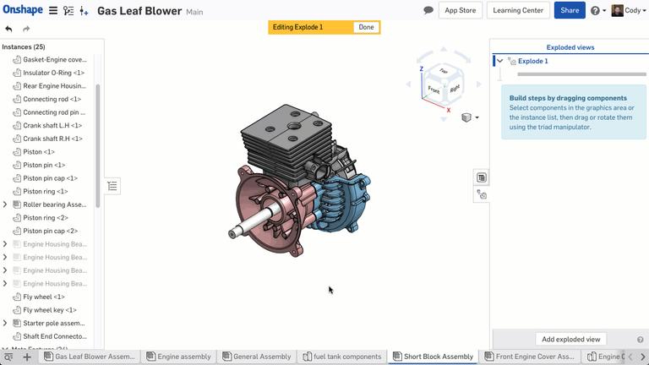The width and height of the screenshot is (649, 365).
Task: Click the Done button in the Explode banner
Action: [x=366, y=27]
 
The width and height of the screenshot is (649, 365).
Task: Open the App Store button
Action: [x=461, y=10]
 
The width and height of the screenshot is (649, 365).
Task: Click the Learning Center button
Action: [x=518, y=10]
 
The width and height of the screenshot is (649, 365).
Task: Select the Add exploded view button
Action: [x=570, y=339]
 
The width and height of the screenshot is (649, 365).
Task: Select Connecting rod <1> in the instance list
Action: [x=52, y=99]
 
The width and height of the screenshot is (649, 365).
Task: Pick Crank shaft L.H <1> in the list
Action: [x=52, y=125]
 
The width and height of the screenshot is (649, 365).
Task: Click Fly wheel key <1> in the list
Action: [x=49, y=310]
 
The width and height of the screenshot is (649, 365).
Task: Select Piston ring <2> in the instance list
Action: [x=46, y=218]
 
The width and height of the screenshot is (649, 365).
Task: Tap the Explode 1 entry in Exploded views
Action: [x=532, y=61]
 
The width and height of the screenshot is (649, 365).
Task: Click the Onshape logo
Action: [x=22, y=10]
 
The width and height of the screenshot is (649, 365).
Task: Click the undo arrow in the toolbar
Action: [x=9, y=29]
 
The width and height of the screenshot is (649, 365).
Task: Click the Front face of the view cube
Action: [x=434, y=89]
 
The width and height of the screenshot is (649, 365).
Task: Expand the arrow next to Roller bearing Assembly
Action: [x=5, y=204]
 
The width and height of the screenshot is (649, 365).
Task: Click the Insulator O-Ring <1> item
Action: [x=53, y=73]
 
